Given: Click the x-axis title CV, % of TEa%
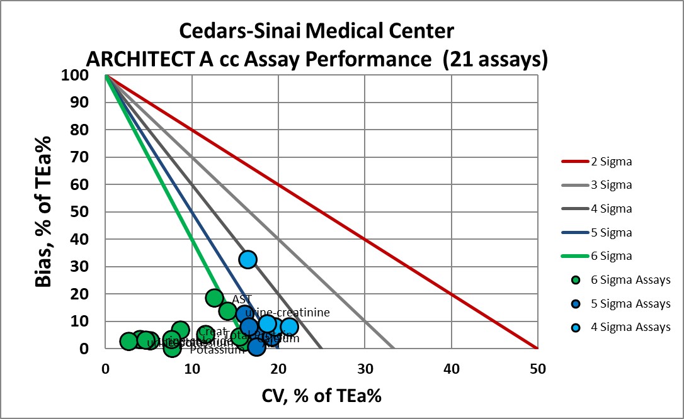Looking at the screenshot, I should (x=320, y=396).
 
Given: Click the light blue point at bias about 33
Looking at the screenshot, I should (x=248, y=259).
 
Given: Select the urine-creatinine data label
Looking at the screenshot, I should (x=287, y=312).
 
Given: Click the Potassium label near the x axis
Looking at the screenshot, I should (x=217, y=350).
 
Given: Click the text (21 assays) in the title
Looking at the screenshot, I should (x=494, y=59).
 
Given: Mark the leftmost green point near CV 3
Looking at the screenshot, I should (x=129, y=341).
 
